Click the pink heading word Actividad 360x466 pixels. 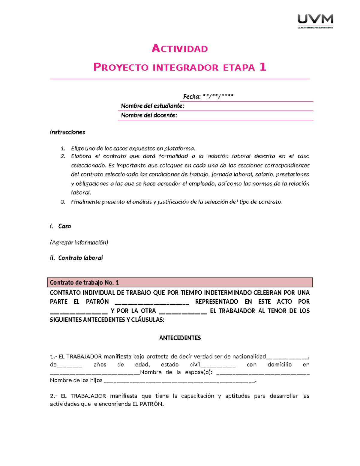click(x=180, y=49)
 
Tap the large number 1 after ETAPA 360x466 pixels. click(x=263, y=67)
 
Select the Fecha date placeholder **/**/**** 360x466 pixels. click(x=218, y=96)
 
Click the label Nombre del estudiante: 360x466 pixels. click(x=152, y=106)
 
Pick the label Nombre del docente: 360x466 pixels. click(x=149, y=115)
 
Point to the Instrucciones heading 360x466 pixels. click(x=67, y=132)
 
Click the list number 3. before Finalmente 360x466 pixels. click(x=63, y=202)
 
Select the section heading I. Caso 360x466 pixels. click(x=61, y=226)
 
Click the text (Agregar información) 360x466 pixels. click(x=79, y=242)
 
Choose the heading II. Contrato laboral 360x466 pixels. click(x=76, y=258)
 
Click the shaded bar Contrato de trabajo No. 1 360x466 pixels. click(x=180, y=282)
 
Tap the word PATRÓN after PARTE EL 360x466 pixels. click(x=97, y=302)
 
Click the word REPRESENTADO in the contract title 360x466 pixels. click(x=216, y=302)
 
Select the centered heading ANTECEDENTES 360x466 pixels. click(x=180, y=338)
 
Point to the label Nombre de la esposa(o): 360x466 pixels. click(x=176, y=372)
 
